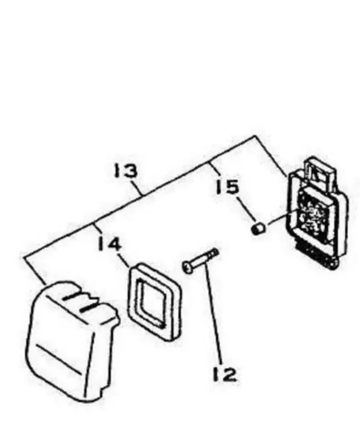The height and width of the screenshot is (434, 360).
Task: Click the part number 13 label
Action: click(x=126, y=171)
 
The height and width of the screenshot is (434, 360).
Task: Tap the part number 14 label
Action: click(x=110, y=244)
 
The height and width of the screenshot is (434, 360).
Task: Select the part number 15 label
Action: click(x=227, y=186)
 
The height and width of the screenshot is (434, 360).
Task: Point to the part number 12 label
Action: click(x=225, y=374)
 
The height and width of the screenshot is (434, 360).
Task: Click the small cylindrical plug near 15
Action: click(x=258, y=229)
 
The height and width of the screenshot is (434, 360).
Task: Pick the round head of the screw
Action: click(x=187, y=267)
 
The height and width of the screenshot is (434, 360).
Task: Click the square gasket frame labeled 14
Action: click(x=155, y=301)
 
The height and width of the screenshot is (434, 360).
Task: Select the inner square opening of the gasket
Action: click(x=153, y=302)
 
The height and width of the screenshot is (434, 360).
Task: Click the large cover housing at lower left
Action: click(x=72, y=341)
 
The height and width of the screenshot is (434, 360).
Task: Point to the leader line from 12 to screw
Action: click(x=214, y=314)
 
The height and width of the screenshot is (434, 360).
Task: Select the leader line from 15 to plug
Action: click(x=245, y=207)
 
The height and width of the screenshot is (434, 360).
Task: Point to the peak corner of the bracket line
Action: click(x=255, y=136)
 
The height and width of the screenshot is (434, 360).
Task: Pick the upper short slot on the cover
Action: click(x=73, y=297)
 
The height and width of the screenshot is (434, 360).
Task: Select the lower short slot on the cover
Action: click(x=87, y=308)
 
